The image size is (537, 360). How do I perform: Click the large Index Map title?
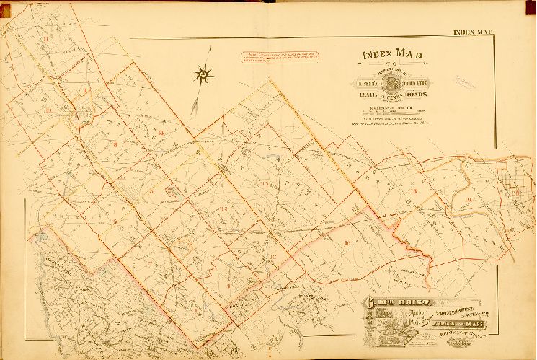tap(392, 56)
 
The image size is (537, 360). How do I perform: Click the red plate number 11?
tap(46, 38)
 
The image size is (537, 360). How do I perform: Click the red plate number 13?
tap(224, 209)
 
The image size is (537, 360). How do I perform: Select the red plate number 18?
tap(414, 191)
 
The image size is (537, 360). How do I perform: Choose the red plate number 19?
tap(468, 199)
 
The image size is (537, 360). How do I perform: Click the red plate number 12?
tap(273, 256)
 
